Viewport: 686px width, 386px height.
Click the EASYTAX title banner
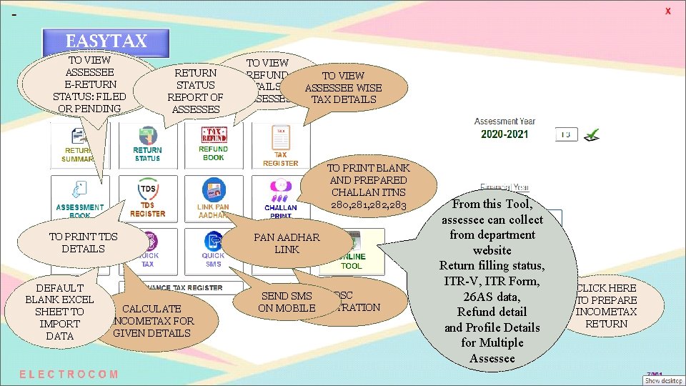click(x=106, y=41)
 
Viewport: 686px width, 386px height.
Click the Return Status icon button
click(x=147, y=143)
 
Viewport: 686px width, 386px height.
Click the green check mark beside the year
click(x=592, y=134)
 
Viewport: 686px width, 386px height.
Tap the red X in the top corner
click(x=668, y=11)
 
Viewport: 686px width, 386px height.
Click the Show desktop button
click(x=662, y=380)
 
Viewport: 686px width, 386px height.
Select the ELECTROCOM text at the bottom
click(x=69, y=374)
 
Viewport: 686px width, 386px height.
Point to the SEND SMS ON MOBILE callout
click(x=287, y=302)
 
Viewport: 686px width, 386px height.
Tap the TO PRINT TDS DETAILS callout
click(x=83, y=243)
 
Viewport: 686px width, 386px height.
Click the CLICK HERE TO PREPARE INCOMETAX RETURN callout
click(x=606, y=306)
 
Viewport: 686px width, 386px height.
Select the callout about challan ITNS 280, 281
click(x=367, y=187)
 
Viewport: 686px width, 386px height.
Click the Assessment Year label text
click(x=504, y=122)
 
